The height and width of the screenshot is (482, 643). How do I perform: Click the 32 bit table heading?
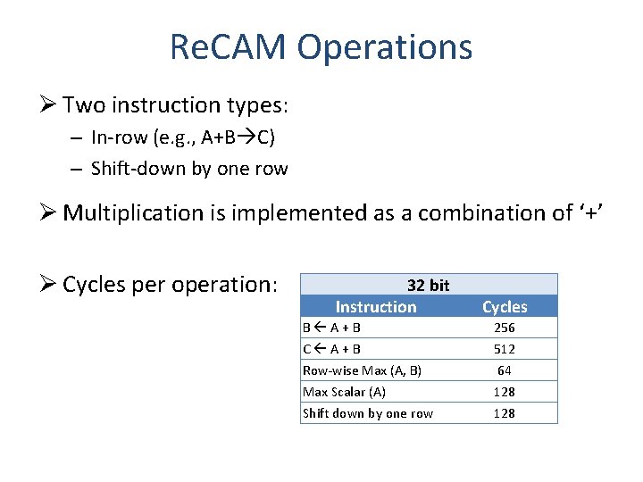428,285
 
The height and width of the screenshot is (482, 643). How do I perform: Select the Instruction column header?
375,306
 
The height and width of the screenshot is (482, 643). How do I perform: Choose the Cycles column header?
505,306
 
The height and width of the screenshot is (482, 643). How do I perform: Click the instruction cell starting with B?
331,328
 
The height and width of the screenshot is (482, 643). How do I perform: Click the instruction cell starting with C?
331,349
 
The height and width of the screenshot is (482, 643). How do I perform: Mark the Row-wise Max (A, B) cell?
362,370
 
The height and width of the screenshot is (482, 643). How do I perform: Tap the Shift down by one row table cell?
367,413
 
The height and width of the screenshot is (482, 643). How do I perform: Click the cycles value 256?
505,328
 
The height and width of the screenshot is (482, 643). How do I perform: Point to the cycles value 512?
505,349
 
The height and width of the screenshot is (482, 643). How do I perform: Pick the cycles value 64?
505,370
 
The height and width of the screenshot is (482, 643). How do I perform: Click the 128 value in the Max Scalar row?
505,392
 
